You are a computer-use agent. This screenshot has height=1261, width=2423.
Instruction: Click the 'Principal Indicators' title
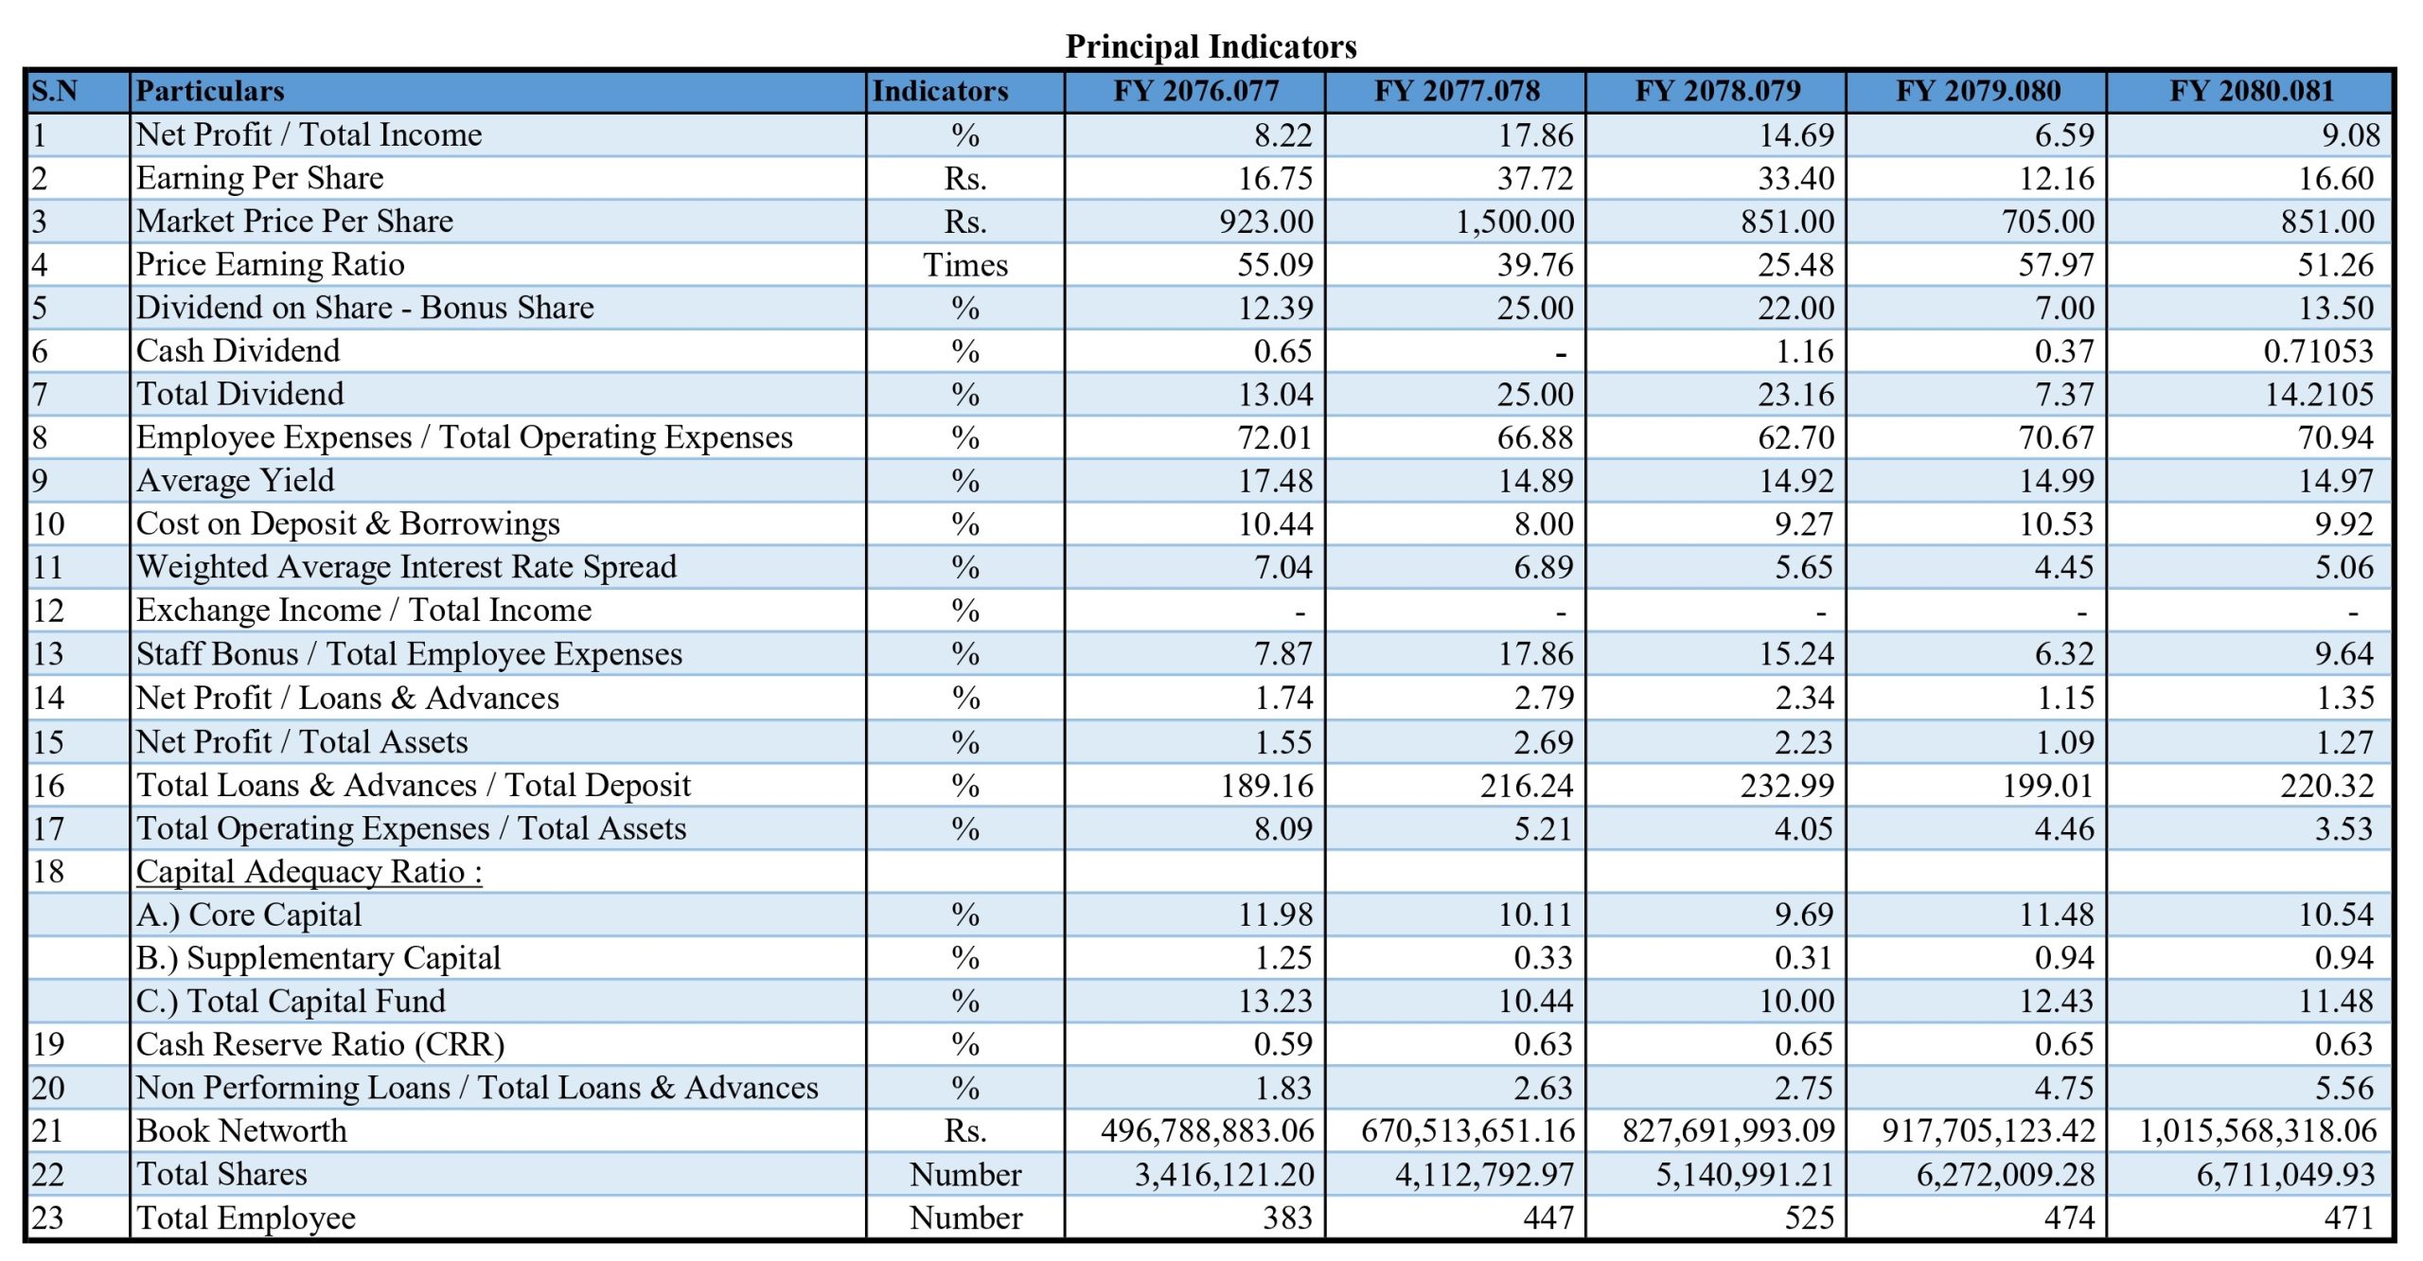click(1211, 46)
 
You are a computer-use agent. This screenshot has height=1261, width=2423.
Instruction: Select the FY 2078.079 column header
click(1717, 91)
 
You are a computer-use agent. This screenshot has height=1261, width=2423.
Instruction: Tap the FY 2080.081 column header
click(2251, 91)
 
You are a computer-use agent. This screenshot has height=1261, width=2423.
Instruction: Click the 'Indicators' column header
click(940, 91)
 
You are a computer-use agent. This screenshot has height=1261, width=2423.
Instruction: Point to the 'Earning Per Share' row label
click(259, 178)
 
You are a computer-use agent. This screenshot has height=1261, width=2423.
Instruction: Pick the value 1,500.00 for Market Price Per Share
click(1514, 222)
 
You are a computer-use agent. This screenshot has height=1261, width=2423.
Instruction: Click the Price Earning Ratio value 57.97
click(2056, 265)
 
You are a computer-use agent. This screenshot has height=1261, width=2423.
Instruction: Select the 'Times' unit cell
click(965, 265)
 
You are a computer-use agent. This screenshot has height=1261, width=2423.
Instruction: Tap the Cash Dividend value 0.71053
click(2318, 351)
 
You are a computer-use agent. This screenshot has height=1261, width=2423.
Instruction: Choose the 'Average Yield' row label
click(235, 481)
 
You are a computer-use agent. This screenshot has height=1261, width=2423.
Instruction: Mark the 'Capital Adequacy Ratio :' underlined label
click(309, 872)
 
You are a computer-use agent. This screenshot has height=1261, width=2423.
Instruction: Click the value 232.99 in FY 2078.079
click(1787, 786)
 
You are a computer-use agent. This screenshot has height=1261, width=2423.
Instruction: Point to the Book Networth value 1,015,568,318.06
click(2257, 1130)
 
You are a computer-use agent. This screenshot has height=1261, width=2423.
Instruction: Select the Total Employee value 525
click(1809, 1217)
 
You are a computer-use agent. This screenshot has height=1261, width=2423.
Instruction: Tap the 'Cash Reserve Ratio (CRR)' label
click(320, 1044)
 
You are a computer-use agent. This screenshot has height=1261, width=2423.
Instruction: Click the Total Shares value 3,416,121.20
click(1224, 1174)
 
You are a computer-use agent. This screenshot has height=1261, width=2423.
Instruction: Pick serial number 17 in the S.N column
click(48, 828)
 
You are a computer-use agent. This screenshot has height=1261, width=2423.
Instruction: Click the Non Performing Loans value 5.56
click(2343, 1088)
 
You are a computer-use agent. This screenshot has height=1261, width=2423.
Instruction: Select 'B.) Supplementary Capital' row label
click(318, 958)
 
